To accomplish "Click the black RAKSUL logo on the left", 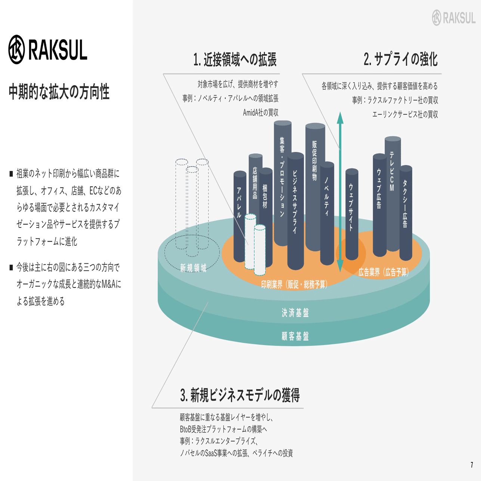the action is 48,49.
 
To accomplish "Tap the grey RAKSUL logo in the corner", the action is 453,18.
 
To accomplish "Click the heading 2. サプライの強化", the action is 401,59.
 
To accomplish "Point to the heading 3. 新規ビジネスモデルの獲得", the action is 240,395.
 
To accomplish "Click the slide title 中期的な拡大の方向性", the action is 59,92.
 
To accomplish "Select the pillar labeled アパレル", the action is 240,216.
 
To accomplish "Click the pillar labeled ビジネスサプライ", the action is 295,211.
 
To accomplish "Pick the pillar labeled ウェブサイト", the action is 352,214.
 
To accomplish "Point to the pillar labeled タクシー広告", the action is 406,213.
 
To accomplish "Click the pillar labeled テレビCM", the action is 392,194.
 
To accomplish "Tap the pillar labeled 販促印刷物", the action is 315,187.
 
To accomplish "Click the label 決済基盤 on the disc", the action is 295,312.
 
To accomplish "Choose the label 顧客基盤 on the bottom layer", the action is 295,336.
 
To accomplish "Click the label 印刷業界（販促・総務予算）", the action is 294,284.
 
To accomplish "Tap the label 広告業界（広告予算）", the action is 384,272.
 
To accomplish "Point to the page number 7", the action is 472,465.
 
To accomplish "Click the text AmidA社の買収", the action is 261,113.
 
